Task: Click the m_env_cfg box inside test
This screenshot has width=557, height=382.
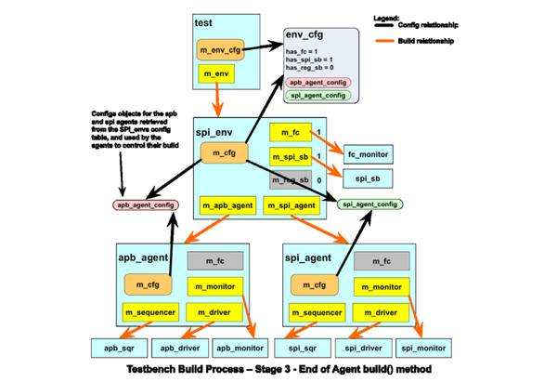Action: coord(219,48)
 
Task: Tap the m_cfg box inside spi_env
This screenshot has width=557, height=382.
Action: coord(222,153)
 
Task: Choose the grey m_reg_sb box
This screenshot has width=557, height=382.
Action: coord(290,178)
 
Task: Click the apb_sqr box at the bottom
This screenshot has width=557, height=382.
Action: coord(120,349)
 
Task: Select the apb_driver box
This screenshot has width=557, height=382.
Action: coord(181,349)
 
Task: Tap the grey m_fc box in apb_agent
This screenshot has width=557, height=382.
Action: coord(215,261)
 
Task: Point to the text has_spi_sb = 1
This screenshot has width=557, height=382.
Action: coord(309,59)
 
